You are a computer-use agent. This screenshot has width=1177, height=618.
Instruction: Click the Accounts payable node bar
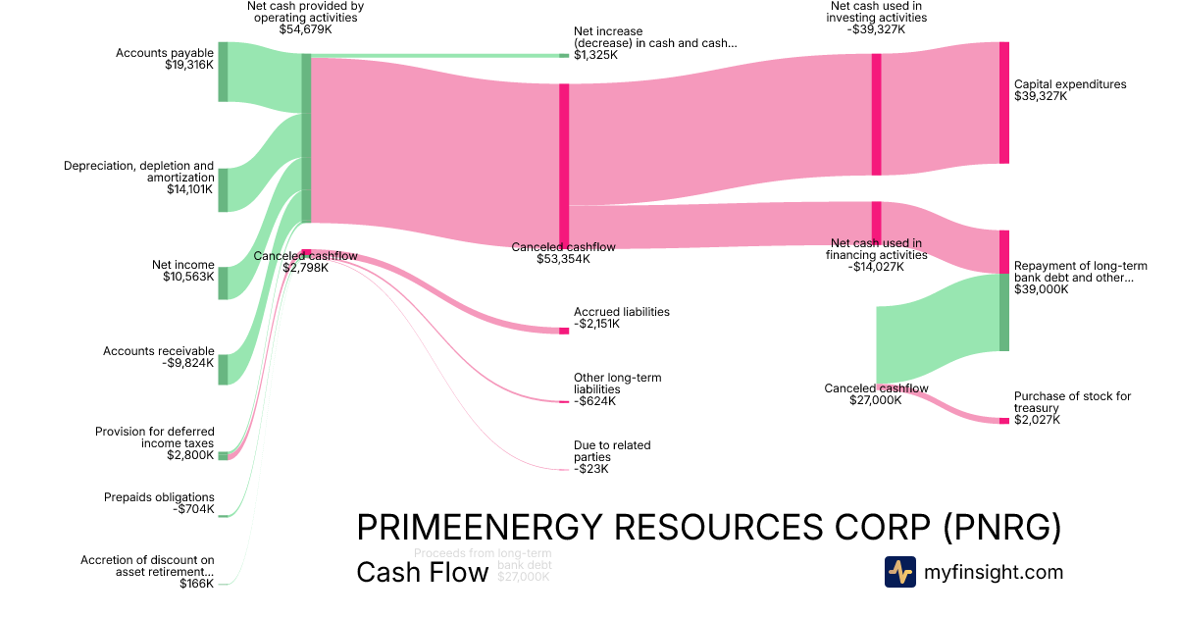[223, 72]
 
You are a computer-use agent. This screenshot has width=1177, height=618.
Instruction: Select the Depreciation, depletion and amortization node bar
[223, 189]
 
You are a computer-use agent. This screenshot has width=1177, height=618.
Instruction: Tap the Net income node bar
[223, 283]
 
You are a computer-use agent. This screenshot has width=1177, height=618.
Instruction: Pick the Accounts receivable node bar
[223, 369]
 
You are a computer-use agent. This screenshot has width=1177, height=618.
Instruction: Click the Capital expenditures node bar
[1003, 102]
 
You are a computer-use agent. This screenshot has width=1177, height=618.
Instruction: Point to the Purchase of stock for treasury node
[1003, 420]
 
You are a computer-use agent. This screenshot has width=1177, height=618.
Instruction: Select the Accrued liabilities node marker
[564, 331]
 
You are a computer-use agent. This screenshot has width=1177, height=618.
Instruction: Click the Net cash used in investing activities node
[876, 114]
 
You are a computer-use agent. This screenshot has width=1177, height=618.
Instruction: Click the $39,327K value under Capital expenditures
[1041, 96]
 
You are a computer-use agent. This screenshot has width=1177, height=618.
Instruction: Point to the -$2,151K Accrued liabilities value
[596, 324]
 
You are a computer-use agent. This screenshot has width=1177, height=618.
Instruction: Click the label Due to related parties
[612, 451]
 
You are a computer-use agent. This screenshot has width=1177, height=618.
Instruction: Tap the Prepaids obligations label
[159, 497]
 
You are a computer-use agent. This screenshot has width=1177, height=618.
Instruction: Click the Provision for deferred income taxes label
[154, 438]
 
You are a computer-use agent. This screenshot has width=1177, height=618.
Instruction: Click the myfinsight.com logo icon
[899, 572]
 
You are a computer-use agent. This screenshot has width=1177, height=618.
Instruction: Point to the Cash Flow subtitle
[422, 572]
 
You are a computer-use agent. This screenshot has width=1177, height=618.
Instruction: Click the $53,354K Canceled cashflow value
[563, 259]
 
